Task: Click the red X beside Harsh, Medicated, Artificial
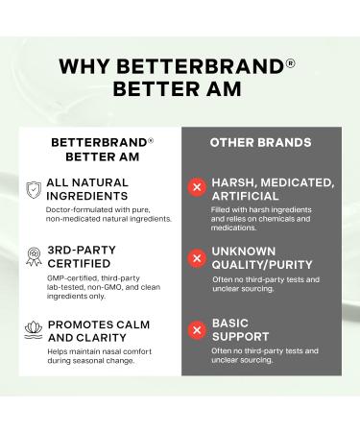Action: (197, 187)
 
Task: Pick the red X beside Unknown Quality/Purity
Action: (197, 257)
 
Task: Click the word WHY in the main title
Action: (84, 67)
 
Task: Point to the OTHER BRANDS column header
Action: (260, 142)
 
